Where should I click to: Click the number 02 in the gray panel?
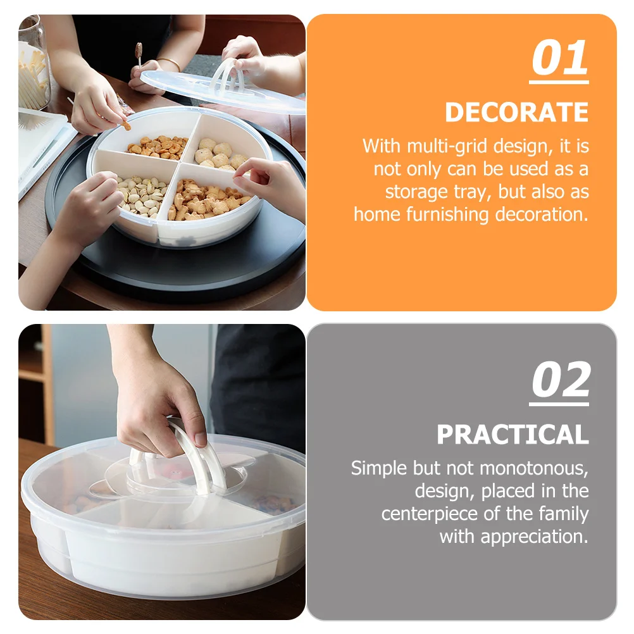[x=559, y=382]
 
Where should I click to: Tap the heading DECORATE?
[x=516, y=113]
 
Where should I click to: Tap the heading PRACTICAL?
[x=513, y=435]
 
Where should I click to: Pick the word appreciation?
[x=534, y=537]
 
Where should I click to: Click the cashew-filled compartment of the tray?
[x=158, y=147]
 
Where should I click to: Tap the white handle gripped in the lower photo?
[x=196, y=452]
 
